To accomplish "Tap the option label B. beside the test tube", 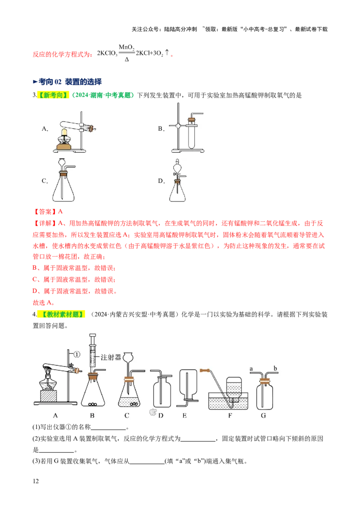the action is click(161, 129).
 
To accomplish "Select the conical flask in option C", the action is click(63, 188).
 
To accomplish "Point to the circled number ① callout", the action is click(76, 354).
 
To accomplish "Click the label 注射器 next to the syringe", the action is click(110, 357).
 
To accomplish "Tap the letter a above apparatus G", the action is click(251, 369).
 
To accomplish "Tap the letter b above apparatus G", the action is click(275, 368).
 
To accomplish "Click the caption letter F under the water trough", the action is click(230, 415).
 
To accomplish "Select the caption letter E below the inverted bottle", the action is click(184, 415).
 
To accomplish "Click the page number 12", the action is click(36, 481).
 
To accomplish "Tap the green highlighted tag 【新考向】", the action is click(54, 95).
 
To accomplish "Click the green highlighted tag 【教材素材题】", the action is click(61, 314).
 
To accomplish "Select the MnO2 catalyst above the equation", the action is click(126, 48).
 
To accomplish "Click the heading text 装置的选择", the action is click(83, 82).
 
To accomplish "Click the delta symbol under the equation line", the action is click(127, 59).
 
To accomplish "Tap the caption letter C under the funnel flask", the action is click(127, 415).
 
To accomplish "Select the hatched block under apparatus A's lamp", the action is click(49, 396).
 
